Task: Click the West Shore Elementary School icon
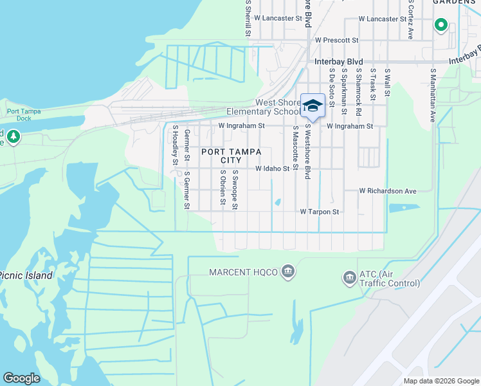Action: [313, 106]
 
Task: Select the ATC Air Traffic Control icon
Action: [349, 278]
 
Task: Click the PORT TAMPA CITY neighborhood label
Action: [231, 156]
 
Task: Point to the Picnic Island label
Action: [26, 275]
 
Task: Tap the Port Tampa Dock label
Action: [24, 115]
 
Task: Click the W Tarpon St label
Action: [319, 212]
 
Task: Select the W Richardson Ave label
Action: [388, 191]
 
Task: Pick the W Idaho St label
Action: [273, 169]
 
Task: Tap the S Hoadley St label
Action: [174, 145]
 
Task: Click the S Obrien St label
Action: [222, 188]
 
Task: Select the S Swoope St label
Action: [235, 190]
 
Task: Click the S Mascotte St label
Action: [295, 148]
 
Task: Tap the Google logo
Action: [21, 378]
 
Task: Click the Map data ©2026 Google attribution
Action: [440, 381]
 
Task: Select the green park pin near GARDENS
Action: [440, 25]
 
